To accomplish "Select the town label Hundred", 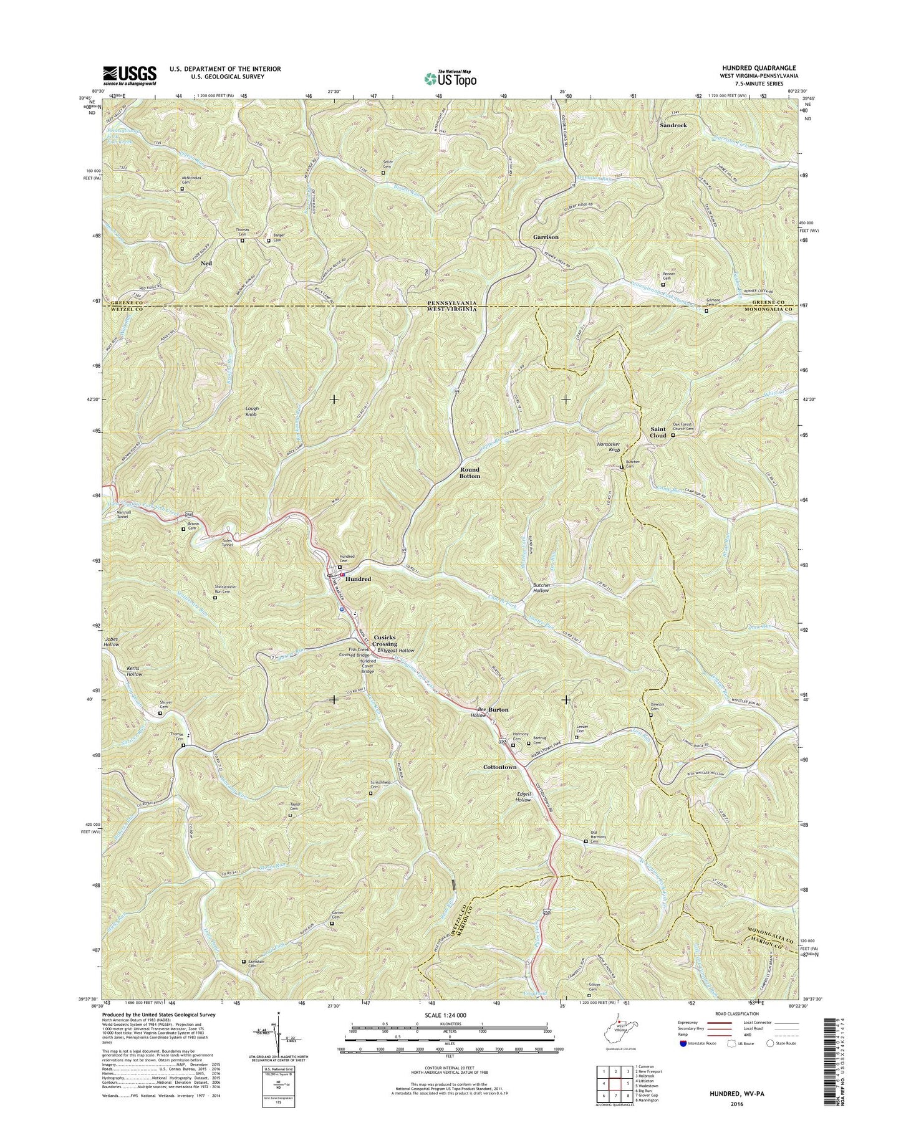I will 359,579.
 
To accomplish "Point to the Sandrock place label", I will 673,125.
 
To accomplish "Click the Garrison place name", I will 546,237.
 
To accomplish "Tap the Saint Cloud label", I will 658,433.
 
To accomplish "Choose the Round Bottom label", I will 470,472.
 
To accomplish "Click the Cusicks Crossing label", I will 385,640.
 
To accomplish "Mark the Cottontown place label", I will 500,767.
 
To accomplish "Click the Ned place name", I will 206,264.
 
